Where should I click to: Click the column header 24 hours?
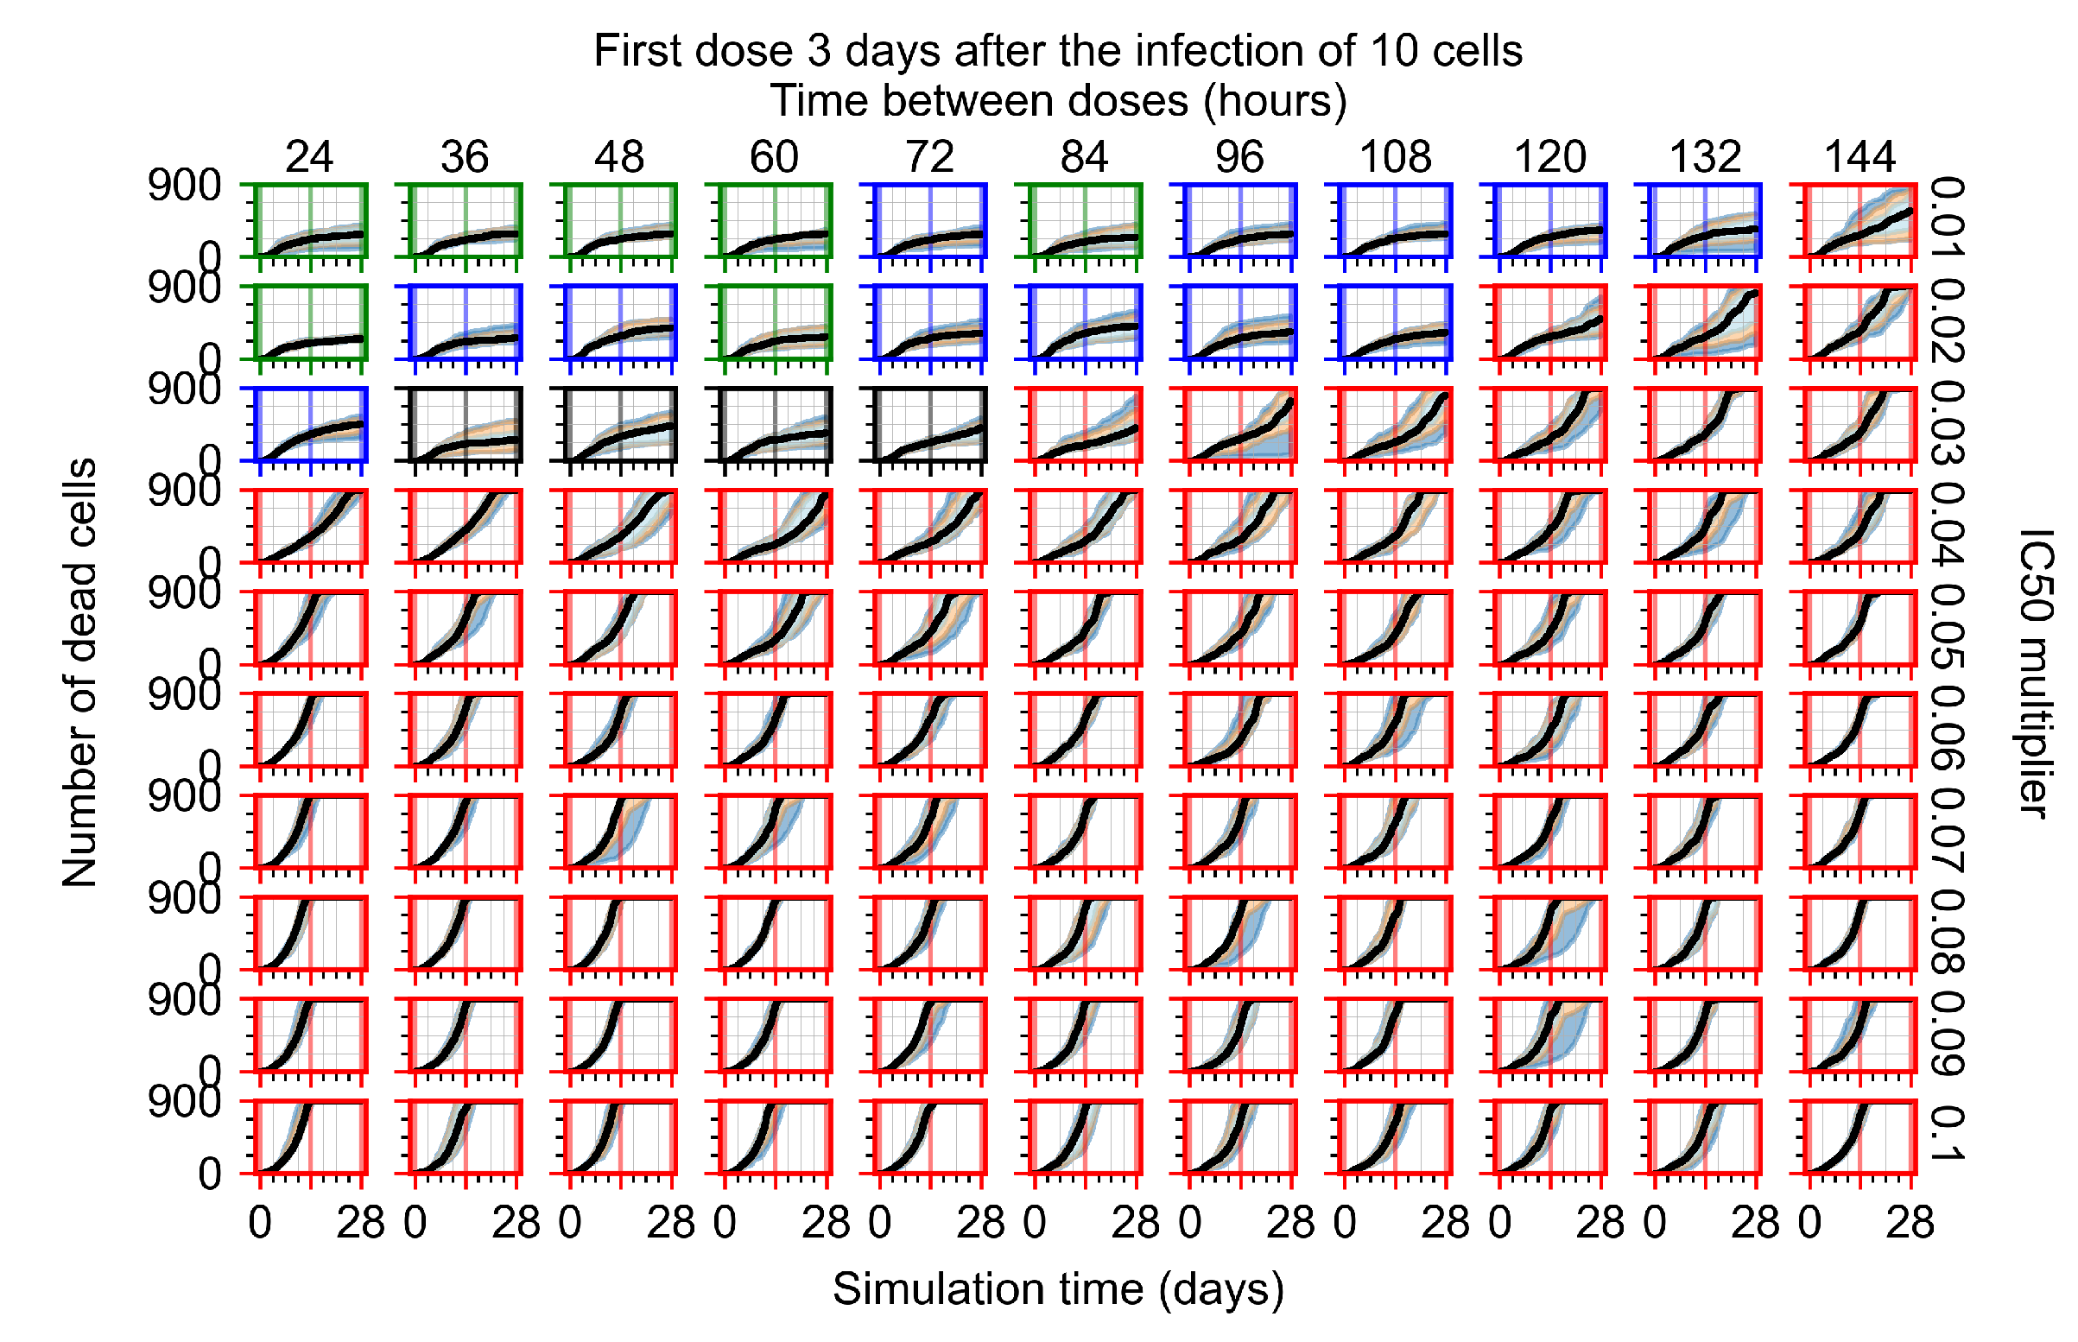308,157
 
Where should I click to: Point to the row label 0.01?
1945,218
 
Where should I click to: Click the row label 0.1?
1945,1134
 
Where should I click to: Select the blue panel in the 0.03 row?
309,424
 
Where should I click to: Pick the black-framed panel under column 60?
774,424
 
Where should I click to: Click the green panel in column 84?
1084,220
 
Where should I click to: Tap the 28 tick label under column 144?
1909,1223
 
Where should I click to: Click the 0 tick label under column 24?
260,1223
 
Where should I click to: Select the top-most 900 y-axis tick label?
184,186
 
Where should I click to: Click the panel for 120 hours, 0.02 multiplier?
1549,322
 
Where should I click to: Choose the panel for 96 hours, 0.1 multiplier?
1239,1136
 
